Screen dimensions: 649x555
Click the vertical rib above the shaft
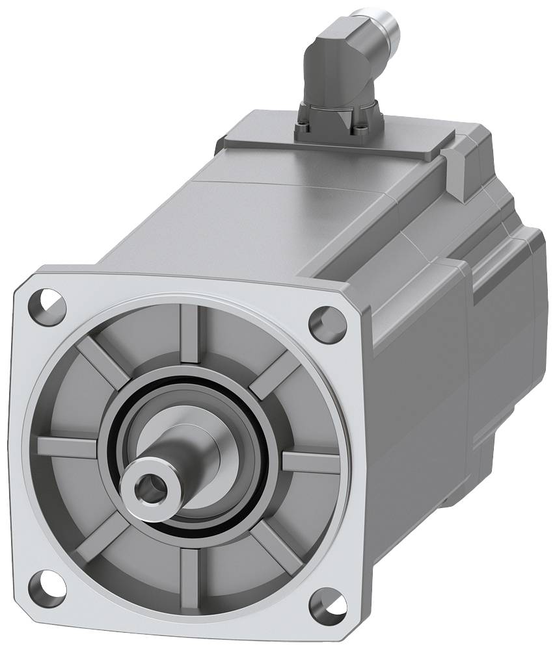click(191, 335)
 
